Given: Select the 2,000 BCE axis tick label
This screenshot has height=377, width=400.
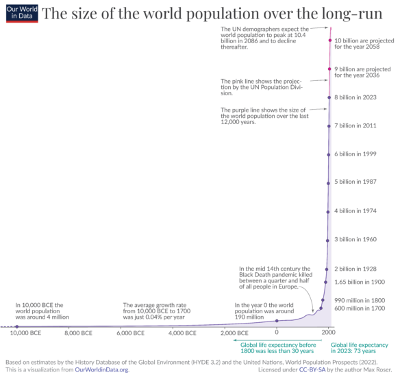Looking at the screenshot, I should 234,333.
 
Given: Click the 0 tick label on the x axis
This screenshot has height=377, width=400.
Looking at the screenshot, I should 277,333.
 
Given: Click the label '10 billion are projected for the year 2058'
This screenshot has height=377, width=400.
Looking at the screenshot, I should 363,45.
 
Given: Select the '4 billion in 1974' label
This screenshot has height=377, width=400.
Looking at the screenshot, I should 353,210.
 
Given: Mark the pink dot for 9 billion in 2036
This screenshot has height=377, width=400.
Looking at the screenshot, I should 330,69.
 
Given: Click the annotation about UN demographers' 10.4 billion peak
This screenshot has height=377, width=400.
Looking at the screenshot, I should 264,40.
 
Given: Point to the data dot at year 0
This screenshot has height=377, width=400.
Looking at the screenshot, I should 277,321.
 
